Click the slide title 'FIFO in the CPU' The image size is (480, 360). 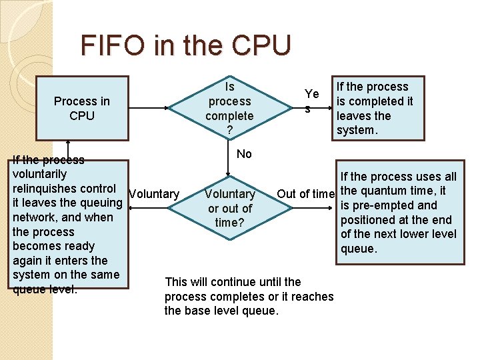tap(186, 45)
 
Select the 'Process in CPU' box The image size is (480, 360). tap(82, 108)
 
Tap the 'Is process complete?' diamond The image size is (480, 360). tap(229, 108)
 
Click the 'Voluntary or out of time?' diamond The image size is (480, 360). tap(229, 208)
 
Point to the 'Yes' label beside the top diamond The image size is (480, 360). tap(311, 100)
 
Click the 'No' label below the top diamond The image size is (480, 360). tap(244, 154)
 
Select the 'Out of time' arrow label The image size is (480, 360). tap(305, 194)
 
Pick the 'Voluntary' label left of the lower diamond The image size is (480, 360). tap(154, 194)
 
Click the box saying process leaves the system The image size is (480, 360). tap(379, 108)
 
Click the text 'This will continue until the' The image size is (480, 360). tap(233, 282)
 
